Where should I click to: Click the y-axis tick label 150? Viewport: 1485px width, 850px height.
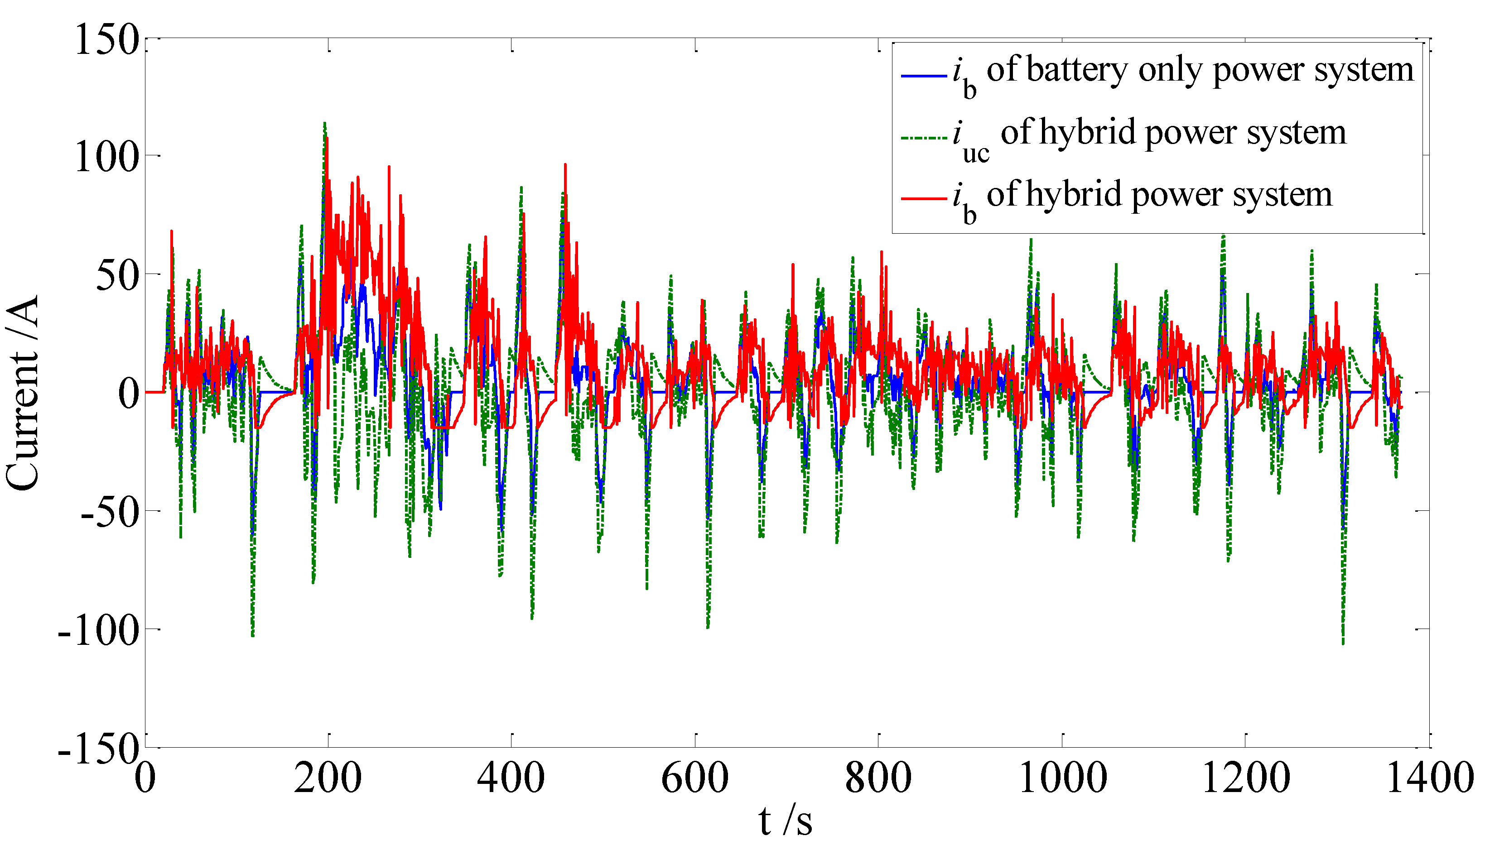[x=107, y=40]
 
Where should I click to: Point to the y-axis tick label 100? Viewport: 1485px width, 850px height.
[x=107, y=158]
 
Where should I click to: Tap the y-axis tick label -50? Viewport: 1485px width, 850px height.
[x=109, y=512]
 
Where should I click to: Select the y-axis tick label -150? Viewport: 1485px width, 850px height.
[x=99, y=749]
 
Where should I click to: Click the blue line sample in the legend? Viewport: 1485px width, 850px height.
[x=923, y=76]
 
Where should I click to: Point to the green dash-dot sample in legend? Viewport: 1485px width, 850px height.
[x=923, y=139]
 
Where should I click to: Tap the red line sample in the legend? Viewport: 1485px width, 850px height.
[x=923, y=199]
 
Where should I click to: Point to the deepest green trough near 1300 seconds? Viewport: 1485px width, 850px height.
[x=1343, y=642]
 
